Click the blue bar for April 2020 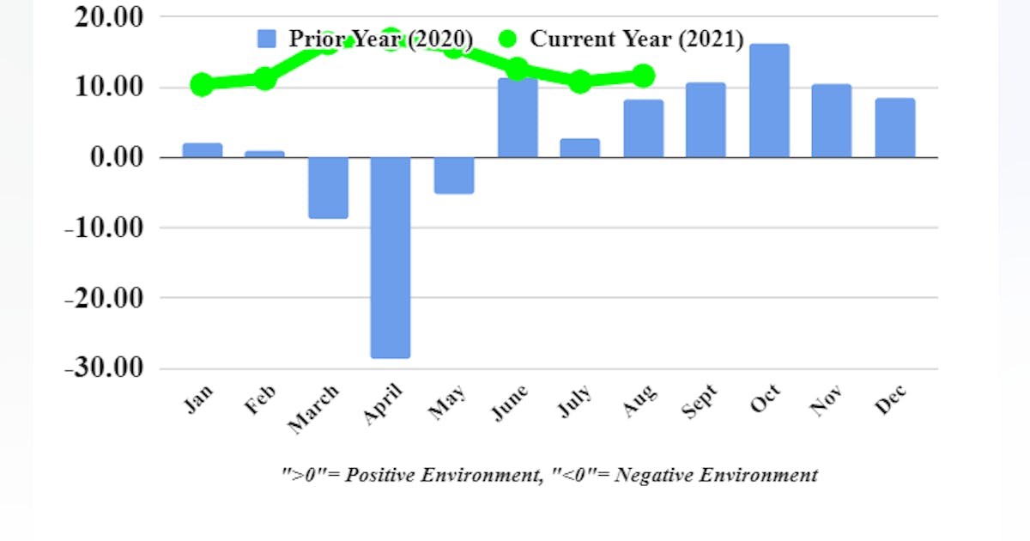tap(391, 258)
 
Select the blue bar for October tap(769, 101)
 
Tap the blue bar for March tap(328, 188)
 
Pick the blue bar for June tap(518, 119)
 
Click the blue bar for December tap(895, 128)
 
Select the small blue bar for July tap(580, 148)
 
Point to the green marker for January tap(203, 84)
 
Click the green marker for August tap(643, 76)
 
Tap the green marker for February tap(265, 79)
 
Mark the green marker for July tap(580, 82)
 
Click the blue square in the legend tap(267, 39)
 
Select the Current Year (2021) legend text tap(636, 39)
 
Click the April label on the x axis tap(383, 404)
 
